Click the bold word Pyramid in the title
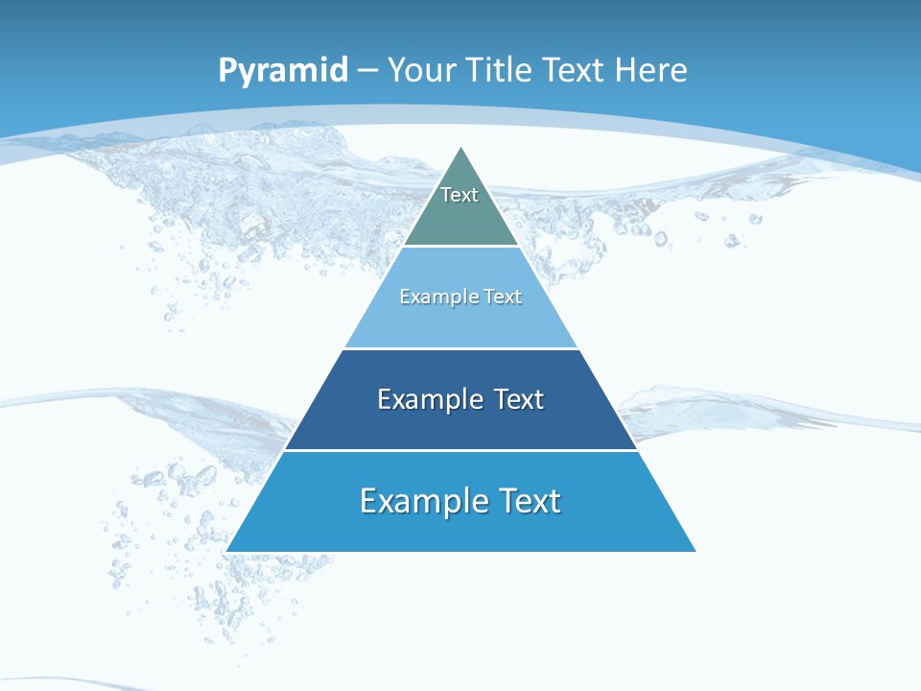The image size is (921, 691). [x=283, y=71]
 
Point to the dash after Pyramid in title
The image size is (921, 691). [x=367, y=71]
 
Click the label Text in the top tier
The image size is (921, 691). [x=460, y=195]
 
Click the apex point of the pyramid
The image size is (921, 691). [x=461, y=148]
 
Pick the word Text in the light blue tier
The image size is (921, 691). [x=504, y=297]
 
